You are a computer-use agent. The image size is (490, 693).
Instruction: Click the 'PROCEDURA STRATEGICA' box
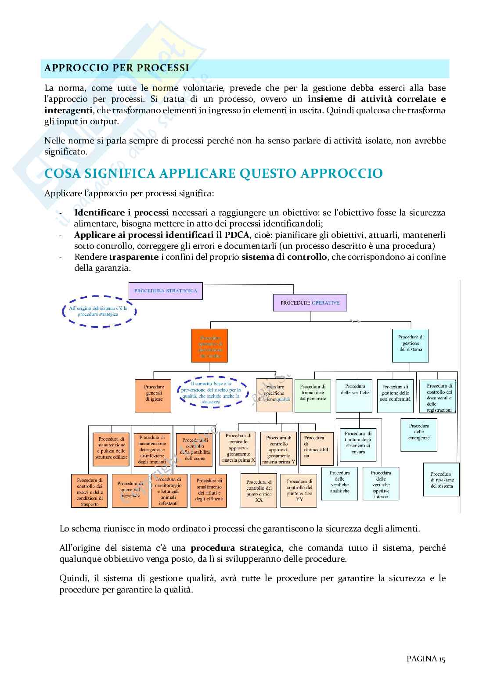pyautogui.click(x=166, y=291)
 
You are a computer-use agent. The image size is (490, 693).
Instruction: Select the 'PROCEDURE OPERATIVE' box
pyautogui.click(x=310, y=303)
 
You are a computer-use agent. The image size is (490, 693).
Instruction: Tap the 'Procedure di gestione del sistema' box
pyautogui.click(x=411, y=345)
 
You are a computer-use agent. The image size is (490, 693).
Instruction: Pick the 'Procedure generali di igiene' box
pyautogui.click(x=154, y=395)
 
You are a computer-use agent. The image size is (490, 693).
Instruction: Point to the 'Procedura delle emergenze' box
pyautogui.click(x=418, y=434)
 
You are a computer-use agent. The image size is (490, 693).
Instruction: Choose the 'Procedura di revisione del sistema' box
pyautogui.click(x=441, y=480)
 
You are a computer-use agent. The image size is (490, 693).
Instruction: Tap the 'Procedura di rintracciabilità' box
pyautogui.click(x=316, y=449)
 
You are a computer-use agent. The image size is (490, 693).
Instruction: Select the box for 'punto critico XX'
pyautogui.click(x=259, y=490)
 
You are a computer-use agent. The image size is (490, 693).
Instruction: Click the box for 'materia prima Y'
pyautogui.click(x=278, y=449)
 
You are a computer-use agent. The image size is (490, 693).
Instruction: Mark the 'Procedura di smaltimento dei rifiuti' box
pyautogui.click(x=209, y=490)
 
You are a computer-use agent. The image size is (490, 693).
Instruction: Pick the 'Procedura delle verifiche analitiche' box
pyautogui.click(x=339, y=483)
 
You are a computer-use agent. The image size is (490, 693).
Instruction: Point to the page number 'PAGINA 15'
pyautogui.click(x=426, y=658)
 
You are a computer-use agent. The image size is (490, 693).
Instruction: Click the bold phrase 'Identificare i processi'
pyautogui.click(x=122, y=213)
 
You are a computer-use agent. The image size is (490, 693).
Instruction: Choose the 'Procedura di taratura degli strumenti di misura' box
pyautogui.click(x=358, y=445)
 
